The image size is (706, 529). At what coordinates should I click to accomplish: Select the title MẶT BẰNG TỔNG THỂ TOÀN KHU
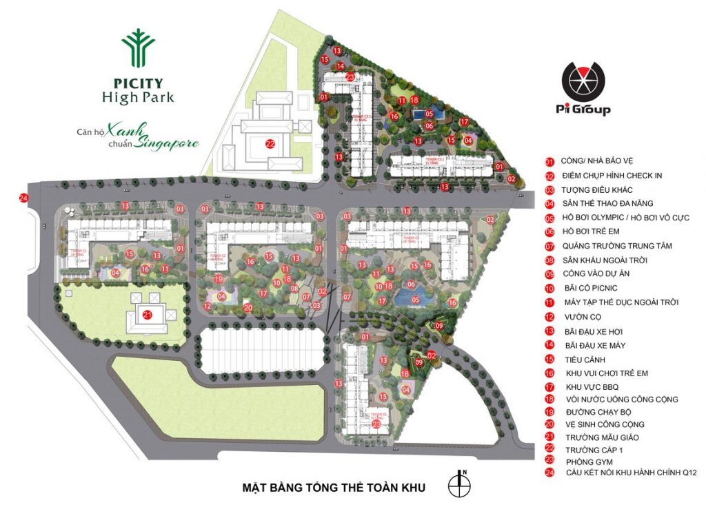click(x=334, y=488)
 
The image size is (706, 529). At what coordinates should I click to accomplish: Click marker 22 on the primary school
click(x=270, y=144)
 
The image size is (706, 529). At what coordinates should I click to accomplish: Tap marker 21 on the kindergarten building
click(x=147, y=315)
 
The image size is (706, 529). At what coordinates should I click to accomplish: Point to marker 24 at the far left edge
click(x=24, y=198)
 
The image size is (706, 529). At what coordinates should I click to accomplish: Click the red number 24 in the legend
click(x=549, y=473)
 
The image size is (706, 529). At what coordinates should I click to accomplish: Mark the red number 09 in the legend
click(x=549, y=273)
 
